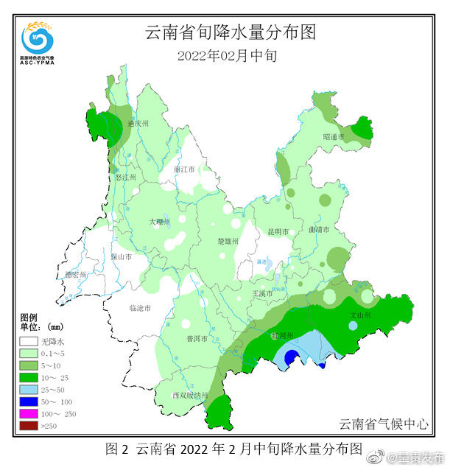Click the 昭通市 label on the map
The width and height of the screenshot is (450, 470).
334,137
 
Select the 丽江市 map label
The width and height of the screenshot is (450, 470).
184,169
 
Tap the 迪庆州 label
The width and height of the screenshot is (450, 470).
138,124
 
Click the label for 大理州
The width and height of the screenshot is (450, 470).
159,221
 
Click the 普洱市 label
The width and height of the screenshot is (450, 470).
196,339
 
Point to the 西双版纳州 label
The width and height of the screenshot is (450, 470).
190,396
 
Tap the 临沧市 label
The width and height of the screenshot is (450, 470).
139,307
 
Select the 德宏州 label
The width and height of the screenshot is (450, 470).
75,275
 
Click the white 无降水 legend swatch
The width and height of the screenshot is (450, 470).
29,342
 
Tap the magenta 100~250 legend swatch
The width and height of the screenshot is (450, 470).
29,413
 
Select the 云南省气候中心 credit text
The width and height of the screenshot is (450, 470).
383,424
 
